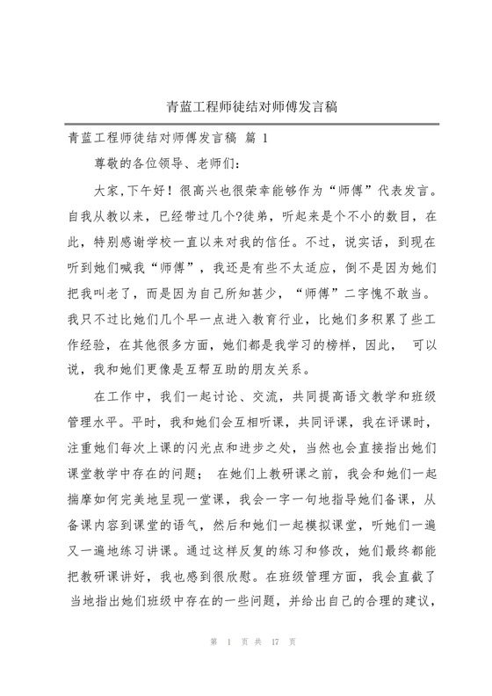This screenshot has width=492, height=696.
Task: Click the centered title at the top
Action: point(246,108)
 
